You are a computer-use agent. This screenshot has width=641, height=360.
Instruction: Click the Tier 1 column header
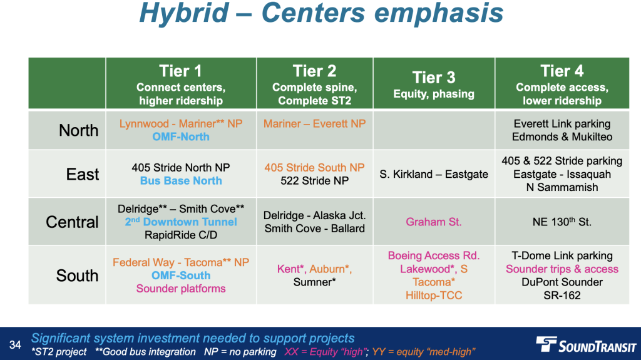[181, 83]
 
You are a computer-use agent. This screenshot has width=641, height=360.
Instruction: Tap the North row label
[78, 130]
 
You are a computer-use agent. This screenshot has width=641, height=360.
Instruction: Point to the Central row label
[72, 222]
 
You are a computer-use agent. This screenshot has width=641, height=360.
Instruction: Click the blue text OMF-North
[181, 137]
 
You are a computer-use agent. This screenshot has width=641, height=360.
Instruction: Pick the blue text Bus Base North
[181, 181]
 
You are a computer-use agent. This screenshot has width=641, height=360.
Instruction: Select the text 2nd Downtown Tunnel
[181, 222]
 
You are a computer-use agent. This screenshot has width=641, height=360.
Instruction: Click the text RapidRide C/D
[181, 235]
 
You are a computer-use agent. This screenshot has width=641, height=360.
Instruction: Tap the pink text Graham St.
[434, 222]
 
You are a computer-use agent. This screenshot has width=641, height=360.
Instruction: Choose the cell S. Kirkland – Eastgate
[434, 174]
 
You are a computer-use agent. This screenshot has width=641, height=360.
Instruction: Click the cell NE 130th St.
[562, 222]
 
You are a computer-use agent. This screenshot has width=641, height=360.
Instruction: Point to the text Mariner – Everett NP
[314, 123]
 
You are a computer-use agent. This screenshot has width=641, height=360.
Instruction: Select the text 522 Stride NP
[314, 181]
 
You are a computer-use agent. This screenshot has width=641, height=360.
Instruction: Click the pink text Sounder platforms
[181, 289]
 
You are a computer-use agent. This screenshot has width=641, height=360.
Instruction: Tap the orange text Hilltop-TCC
[434, 296]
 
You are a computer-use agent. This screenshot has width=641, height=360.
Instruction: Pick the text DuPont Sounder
[562, 282]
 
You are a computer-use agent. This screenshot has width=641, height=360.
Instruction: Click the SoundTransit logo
[586, 344]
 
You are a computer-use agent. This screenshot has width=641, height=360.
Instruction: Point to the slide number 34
[15, 345]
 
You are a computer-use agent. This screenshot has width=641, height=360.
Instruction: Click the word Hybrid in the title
[183, 13]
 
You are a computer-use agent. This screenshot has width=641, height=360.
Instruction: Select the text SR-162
[562, 296]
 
